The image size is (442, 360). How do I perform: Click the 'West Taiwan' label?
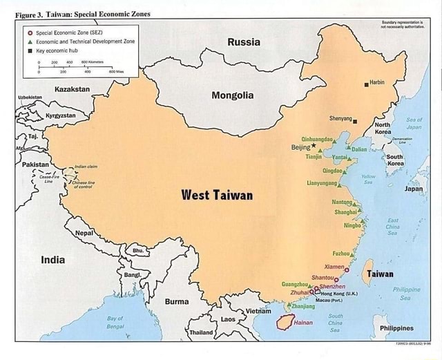click(x=217, y=195)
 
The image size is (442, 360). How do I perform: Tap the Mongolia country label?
click(x=232, y=95)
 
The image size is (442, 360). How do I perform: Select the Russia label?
click(x=244, y=42)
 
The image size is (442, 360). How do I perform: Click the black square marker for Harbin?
click(x=367, y=84)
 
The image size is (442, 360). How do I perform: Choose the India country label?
click(x=53, y=260)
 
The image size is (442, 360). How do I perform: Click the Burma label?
click(x=177, y=301)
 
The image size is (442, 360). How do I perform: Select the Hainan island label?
click(x=303, y=322)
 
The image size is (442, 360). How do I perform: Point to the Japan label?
click(x=414, y=188)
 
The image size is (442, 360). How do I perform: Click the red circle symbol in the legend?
click(x=29, y=32)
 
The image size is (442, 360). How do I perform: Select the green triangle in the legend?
click(x=29, y=41)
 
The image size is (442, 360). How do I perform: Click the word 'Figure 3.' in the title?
click(x=25, y=14)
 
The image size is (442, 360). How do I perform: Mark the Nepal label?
click(x=84, y=233)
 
